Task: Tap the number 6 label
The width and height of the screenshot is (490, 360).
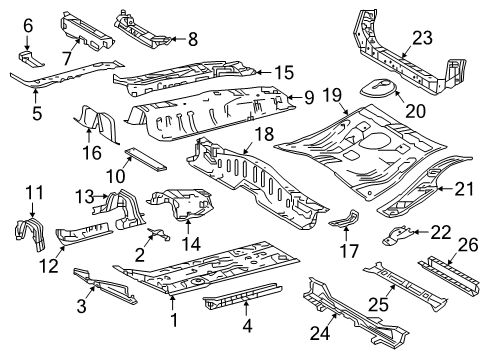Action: [28, 24]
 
